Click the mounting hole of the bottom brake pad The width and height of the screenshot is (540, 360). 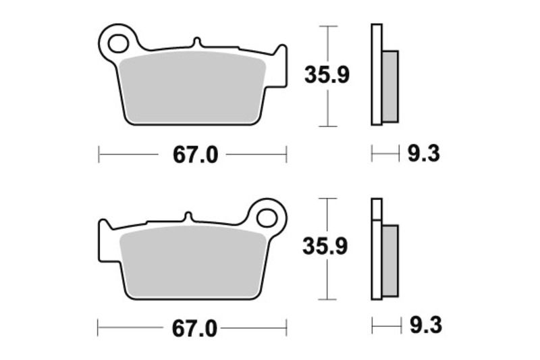268,217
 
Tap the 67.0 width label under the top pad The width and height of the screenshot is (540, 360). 195,155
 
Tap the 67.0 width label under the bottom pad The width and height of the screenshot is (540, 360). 194,329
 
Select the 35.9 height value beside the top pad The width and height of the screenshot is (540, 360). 327,76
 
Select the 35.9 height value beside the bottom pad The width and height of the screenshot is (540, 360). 327,248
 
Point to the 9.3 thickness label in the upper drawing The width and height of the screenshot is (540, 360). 423,155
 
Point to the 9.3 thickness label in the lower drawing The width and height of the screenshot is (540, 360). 423,328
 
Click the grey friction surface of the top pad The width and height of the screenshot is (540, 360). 192,88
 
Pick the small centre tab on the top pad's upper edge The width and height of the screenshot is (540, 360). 196,43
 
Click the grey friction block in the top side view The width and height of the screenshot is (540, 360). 390,86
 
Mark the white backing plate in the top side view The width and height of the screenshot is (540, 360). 376,74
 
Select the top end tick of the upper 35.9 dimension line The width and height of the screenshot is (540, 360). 327,26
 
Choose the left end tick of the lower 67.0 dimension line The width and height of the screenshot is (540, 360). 99,329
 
